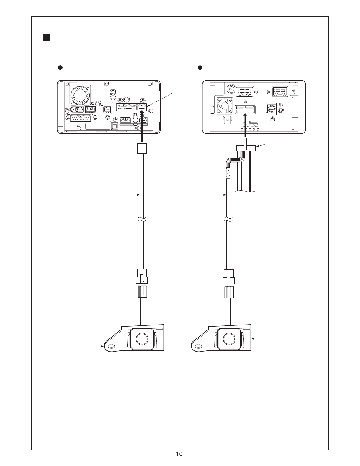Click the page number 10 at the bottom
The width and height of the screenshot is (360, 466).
(179, 454)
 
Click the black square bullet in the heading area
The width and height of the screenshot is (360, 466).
(46, 37)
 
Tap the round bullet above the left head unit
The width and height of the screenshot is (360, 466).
(61, 67)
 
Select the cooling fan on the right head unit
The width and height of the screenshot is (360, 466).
(225, 106)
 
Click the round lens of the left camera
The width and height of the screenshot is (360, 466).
(142, 339)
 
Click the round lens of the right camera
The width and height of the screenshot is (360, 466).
(229, 339)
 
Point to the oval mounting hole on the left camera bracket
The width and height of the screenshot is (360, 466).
(111, 346)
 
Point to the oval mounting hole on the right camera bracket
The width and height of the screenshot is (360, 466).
(198, 346)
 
